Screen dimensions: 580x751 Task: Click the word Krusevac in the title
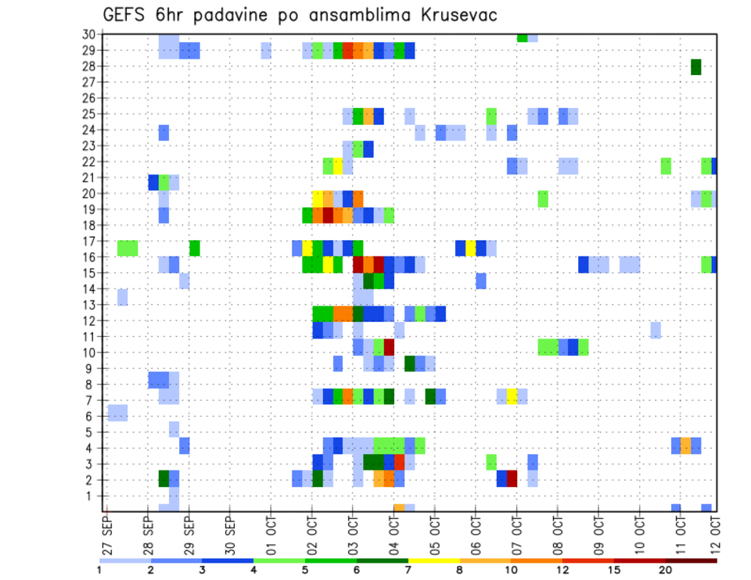451,15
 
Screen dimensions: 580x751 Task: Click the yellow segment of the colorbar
433,560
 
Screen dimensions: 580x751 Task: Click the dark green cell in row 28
695,67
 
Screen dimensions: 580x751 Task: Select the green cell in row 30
522,38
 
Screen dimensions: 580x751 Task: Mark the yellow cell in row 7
512,396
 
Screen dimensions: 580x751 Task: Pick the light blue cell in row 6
117,412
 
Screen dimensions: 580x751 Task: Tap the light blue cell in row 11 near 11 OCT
656,330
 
